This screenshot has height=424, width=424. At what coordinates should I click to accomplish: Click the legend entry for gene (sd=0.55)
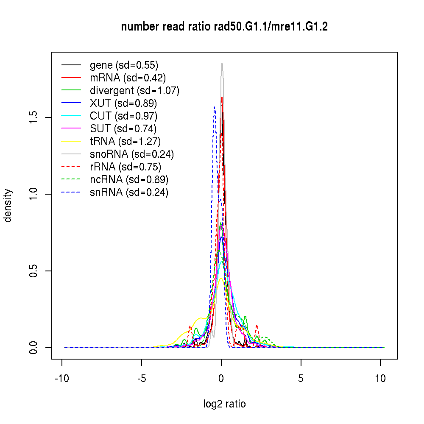(124, 65)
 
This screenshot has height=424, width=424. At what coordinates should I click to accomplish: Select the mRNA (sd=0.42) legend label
(128, 78)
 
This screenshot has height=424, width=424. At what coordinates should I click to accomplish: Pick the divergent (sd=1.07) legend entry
(134, 91)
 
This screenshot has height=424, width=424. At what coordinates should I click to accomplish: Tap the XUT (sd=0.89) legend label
(123, 103)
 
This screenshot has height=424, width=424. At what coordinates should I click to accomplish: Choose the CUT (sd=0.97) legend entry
(123, 116)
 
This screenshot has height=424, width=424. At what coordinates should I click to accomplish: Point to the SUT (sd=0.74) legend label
(123, 129)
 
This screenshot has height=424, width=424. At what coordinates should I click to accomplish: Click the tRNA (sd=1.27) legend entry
(125, 142)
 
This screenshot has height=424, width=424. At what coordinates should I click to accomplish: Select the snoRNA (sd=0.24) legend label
(132, 154)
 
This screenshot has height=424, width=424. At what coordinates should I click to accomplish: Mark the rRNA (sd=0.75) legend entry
(126, 167)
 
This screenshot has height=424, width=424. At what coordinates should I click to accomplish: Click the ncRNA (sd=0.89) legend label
(129, 180)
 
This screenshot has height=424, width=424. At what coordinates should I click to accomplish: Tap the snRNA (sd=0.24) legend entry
(129, 192)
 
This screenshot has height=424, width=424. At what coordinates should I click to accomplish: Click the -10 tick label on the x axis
(62, 379)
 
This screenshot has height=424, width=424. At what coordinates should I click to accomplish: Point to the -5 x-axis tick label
(142, 379)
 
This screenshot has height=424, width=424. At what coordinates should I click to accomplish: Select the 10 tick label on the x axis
(380, 379)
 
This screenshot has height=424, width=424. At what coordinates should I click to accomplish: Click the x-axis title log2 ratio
(224, 404)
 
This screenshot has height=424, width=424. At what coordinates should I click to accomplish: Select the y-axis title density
(8, 206)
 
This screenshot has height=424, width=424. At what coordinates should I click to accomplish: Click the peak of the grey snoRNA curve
(222, 64)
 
